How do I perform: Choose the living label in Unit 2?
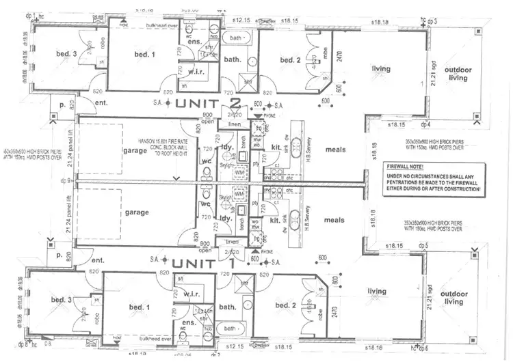[x=381, y=69]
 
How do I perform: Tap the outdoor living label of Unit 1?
[x=453, y=297]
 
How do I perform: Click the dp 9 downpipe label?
[x=65, y=181]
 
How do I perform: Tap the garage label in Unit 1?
[x=137, y=212]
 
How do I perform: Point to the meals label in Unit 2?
[x=334, y=149]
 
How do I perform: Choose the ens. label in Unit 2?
[x=194, y=43]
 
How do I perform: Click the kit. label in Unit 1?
[x=275, y=220]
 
